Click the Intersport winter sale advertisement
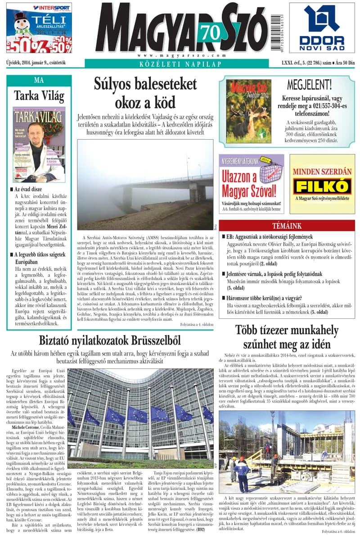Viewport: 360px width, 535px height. [x=39, y=28]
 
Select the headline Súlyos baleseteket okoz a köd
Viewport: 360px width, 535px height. [x=145, y=93]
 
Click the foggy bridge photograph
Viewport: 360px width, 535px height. [x=145, y=185]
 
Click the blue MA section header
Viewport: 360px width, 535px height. [x=39, y=80]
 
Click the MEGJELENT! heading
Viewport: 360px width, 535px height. [x=315, y=85]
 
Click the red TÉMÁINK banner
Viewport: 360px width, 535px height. [x=287, y=226]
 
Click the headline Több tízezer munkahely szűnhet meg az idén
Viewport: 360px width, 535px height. [x=287, y=337]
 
